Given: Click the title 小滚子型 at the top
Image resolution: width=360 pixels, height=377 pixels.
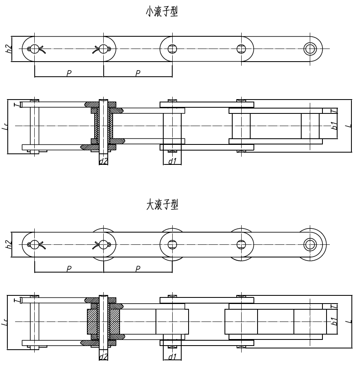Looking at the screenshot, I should pyautogui.click(x=162, y=12).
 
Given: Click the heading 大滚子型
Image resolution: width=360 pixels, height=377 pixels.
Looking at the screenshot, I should pyautogui.click(x=162, y=205).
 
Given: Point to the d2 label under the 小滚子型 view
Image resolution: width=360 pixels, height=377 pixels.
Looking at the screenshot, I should pyautogui.click(x=103, y=162).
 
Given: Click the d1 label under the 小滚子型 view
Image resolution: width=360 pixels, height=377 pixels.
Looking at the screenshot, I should pyautogui.click(x=172, y=162).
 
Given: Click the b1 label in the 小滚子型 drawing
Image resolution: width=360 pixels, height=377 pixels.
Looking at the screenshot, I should pyautogui.click(x=334, y=126).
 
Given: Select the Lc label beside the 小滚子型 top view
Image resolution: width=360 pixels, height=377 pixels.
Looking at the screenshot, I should pyautogui.click(x=4, y=127).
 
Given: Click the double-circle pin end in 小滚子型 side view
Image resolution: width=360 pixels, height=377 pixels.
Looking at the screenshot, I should pyautogui.click(x=310, y=49).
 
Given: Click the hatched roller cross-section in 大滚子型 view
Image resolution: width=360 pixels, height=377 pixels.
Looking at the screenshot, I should pyautogui.click(x=92, y=322).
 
